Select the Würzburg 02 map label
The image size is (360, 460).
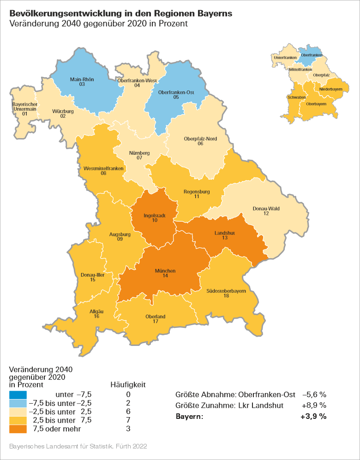[x=63, y=114]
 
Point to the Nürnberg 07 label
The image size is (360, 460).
[x=139, y=155]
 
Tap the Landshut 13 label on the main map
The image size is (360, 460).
[x=225, y=236]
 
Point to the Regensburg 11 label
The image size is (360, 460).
[x=196, y=194]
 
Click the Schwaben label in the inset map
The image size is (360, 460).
[x=296, y=97]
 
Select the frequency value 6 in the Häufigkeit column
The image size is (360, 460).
[x=128, y=412]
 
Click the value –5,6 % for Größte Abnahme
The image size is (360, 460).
[x=314, y=395]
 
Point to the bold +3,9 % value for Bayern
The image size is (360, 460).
[x=313, y=417]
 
